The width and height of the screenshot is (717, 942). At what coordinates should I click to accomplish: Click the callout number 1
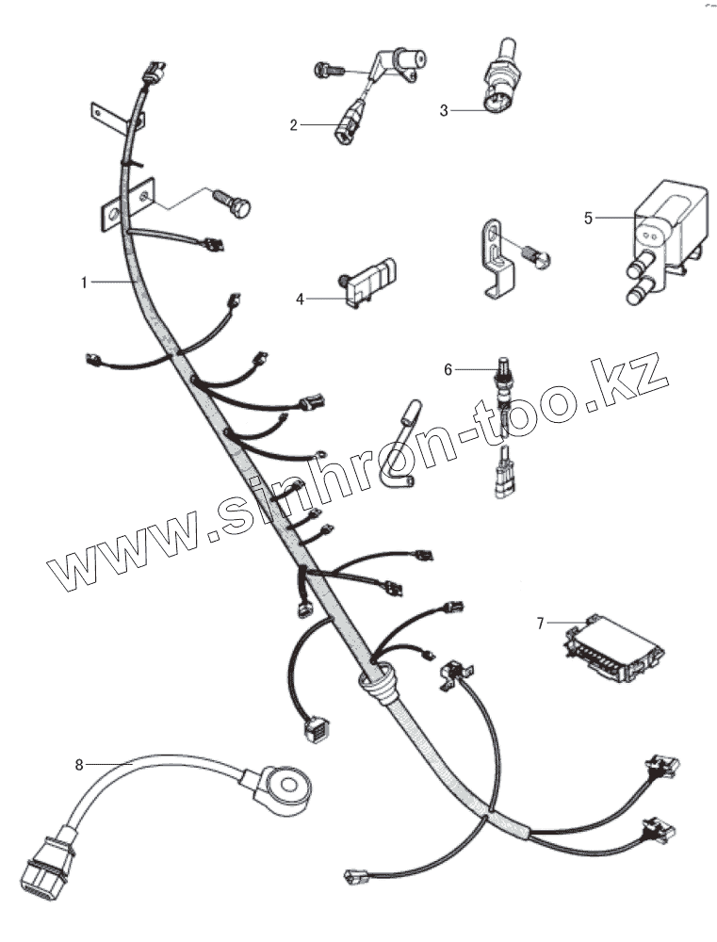click(84, 282)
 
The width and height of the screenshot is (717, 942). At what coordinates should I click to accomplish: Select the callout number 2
click(293, 124)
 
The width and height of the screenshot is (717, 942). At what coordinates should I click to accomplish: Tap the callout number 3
click(444, 110)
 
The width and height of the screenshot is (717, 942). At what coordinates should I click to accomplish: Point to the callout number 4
click(301, 299)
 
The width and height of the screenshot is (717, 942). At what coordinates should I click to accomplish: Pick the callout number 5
click(589, 218)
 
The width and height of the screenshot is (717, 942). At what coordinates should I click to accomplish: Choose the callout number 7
click(541, 623)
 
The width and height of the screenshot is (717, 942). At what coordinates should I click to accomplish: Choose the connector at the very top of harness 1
click(154, 73)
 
